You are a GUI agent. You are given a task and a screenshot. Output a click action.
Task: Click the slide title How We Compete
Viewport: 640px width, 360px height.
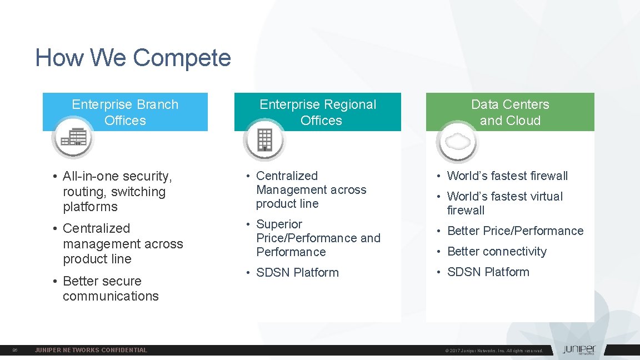(133, 58)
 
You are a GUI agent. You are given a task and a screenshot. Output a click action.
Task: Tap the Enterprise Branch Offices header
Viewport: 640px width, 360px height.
(125, 112)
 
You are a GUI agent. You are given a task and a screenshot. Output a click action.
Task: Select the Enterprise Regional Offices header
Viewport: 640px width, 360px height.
(318, 112)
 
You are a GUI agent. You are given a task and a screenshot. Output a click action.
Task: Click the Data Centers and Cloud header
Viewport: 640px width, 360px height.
(510, 112)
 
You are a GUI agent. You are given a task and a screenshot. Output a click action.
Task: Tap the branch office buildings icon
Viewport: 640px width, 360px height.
(74, 137)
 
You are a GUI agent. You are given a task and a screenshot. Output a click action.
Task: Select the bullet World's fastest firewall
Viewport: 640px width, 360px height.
(507, 176)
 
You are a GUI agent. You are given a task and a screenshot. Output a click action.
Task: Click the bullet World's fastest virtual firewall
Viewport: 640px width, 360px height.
(504, 203)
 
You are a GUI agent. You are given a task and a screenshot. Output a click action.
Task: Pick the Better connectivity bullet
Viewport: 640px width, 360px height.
(497, 252)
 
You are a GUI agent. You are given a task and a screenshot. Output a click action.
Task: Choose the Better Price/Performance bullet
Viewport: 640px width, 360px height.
(515, 231)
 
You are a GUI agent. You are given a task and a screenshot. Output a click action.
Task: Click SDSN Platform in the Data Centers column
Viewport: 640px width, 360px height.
(488, 272)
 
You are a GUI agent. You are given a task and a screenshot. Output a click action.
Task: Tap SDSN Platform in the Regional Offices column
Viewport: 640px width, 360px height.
(297, 273)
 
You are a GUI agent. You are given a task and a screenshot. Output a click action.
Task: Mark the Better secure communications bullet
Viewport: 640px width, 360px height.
(111, 288)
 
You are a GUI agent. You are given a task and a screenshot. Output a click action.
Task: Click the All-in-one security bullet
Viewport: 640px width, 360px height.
(117, 191)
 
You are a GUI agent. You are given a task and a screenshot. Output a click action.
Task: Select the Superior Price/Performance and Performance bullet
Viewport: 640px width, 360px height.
(318, 238)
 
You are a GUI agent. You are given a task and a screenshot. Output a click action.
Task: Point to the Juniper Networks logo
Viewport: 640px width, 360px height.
(578, 350)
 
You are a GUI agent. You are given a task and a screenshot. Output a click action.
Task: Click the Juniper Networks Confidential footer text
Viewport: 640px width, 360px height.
(91, 350)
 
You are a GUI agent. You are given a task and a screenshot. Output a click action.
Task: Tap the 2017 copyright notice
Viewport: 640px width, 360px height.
(494, 351)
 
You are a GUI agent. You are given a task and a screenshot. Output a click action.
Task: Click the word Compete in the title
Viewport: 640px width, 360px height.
(182, 58)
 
